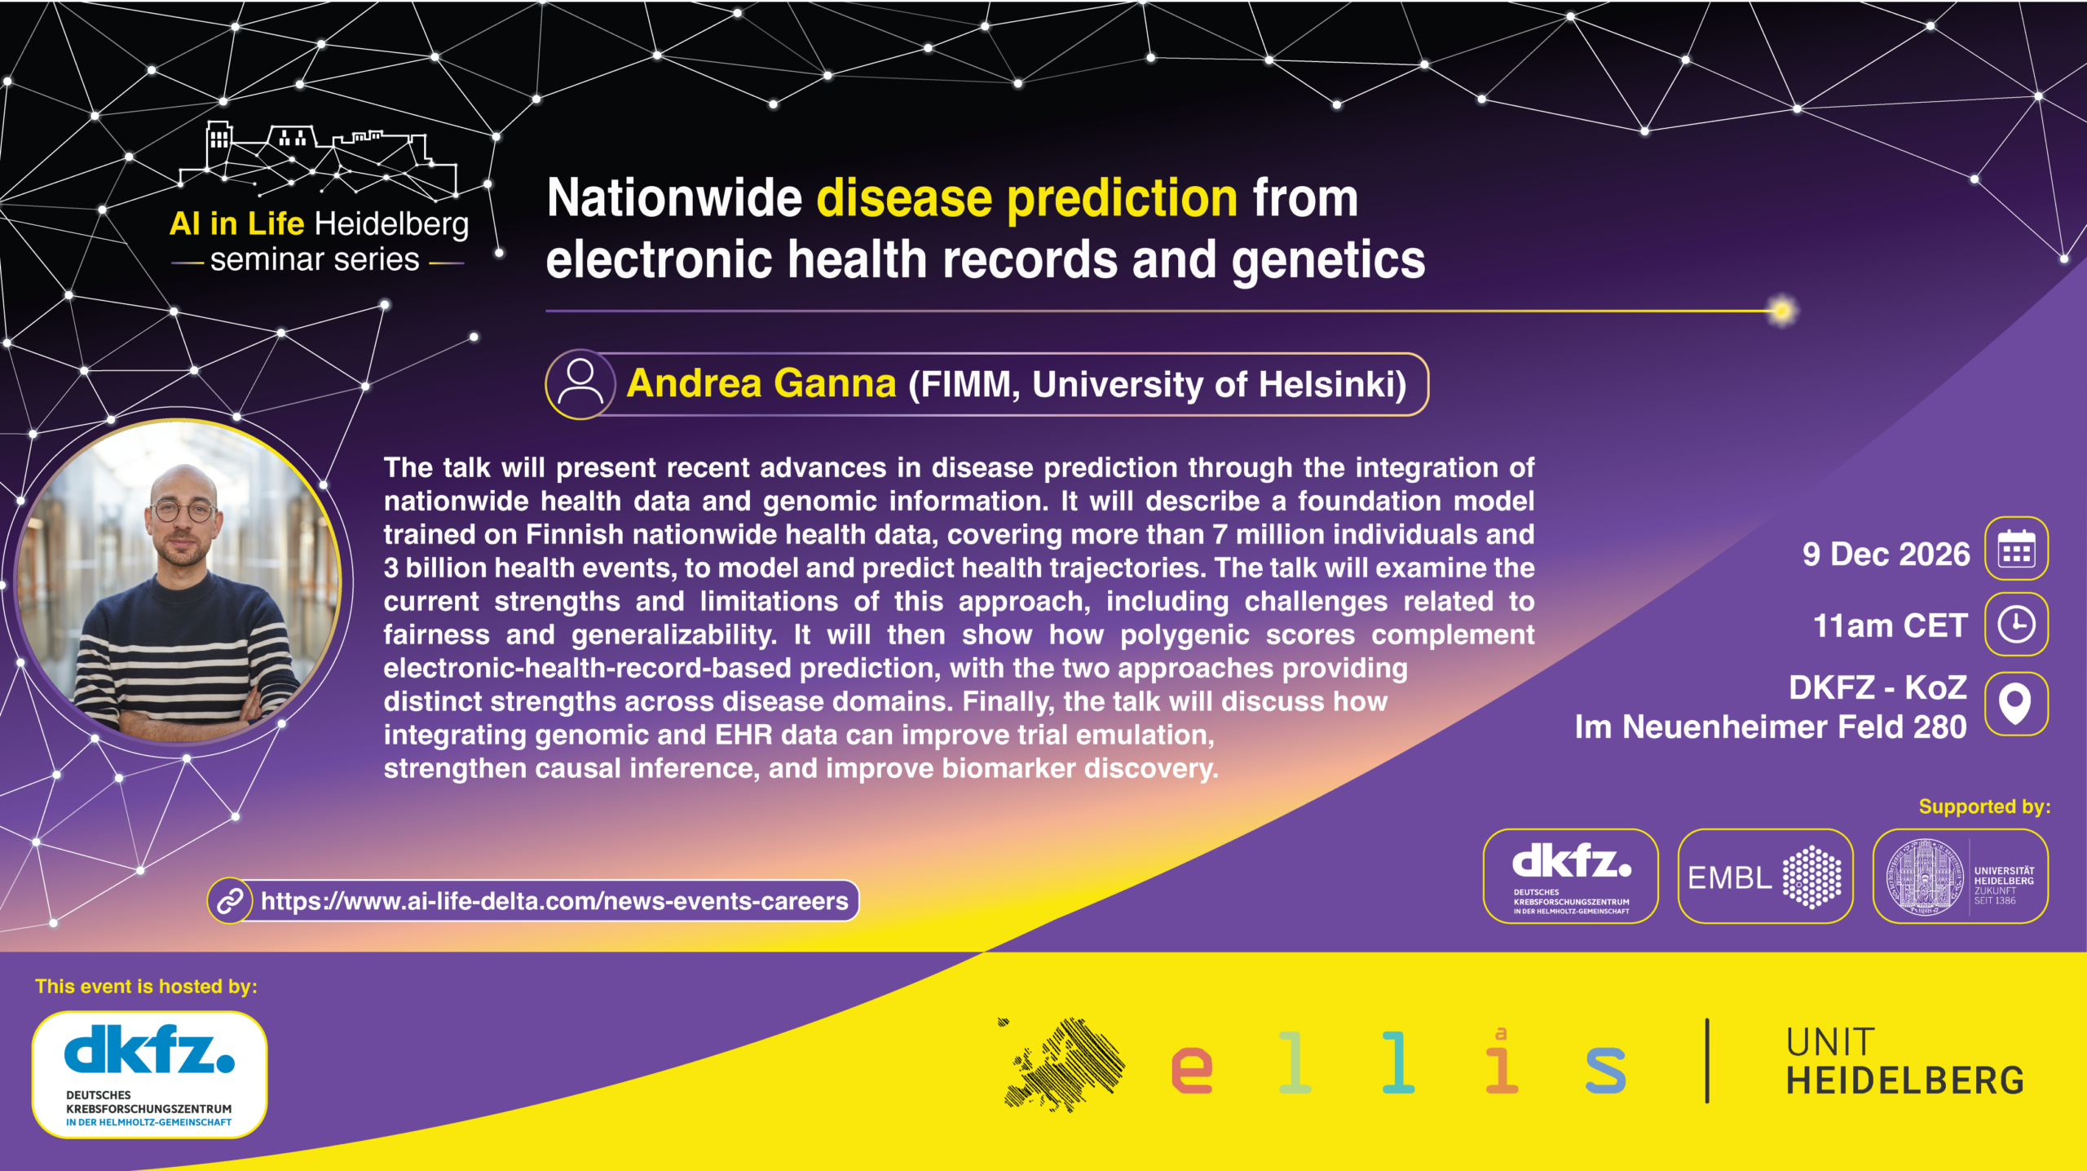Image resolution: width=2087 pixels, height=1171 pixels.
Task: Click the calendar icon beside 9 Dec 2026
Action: (2016, 549)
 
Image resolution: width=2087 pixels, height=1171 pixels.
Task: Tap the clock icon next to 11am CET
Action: (2016, 625)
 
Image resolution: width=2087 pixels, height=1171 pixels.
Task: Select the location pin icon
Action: (2016, 703)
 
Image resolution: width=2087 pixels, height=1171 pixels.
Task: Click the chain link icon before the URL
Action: (230, 901)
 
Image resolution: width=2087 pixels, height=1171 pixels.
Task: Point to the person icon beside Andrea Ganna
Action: (580, 384)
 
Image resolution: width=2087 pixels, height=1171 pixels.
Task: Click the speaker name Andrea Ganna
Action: (761, 383)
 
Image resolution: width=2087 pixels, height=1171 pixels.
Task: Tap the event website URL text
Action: (554, 901)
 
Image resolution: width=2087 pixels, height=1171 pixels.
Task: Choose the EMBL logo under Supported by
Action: (1765, 877)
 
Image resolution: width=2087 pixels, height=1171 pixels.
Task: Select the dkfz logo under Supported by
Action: (1571, 877)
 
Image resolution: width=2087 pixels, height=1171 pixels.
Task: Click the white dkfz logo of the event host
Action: (150, 1074)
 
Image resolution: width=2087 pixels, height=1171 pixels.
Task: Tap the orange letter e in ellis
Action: (1191, 1069)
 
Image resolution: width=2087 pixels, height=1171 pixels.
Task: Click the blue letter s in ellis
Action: (1605, 1069)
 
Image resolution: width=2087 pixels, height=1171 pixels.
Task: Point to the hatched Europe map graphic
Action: (1062, 1064)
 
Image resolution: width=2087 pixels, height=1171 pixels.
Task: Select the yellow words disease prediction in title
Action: (1027, 198)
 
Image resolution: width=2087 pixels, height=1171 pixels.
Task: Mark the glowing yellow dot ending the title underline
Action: (1782, 311)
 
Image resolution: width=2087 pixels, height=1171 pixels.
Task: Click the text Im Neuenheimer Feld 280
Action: (1771, 727)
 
